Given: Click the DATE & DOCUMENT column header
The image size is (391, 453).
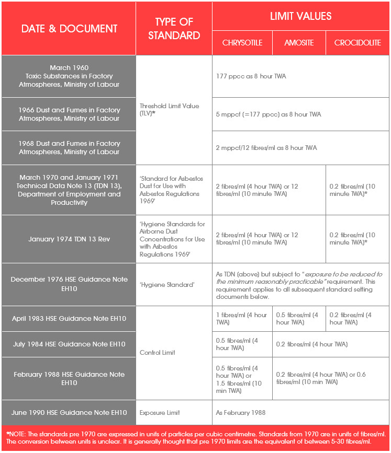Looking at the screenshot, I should [x=69, y=29].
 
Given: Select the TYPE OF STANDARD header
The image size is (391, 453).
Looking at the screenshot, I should [x=174, y=29].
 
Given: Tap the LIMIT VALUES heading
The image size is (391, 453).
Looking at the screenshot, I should [x=300, y=16].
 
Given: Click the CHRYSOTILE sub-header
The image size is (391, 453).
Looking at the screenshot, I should [x=242, y=43].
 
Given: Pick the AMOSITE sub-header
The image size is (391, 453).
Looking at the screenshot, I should [x=299, y=43].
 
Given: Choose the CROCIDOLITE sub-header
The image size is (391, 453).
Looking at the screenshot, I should [x=358, y=43].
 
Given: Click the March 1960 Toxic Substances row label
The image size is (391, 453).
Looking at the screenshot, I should [x=69, y=76].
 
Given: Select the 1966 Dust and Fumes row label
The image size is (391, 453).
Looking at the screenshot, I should [x=69, y=114].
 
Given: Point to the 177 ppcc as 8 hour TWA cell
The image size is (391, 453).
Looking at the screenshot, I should [x=251, y=76].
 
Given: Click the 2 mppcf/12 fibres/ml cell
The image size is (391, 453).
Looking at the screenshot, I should [x=266, y=148].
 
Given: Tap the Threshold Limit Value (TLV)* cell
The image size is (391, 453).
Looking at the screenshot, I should [x=169, y=110].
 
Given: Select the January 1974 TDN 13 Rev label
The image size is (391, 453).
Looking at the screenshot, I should [x=69, y=239].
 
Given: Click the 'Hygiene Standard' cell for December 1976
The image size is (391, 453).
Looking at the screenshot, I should [x=167, y=284].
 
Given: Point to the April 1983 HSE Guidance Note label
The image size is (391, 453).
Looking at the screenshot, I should [x=69, y=318].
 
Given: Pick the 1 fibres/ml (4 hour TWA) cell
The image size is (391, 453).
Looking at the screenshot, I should [x=241, y=318].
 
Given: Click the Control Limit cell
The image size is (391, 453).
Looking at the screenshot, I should [x=158, y=353].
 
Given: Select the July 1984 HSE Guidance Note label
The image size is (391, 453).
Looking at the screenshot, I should [x=69, y=344].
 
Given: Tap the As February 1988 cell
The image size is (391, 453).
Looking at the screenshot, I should [x=240, y=412].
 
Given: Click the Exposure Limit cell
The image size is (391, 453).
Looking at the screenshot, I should [x=160, y=412].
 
